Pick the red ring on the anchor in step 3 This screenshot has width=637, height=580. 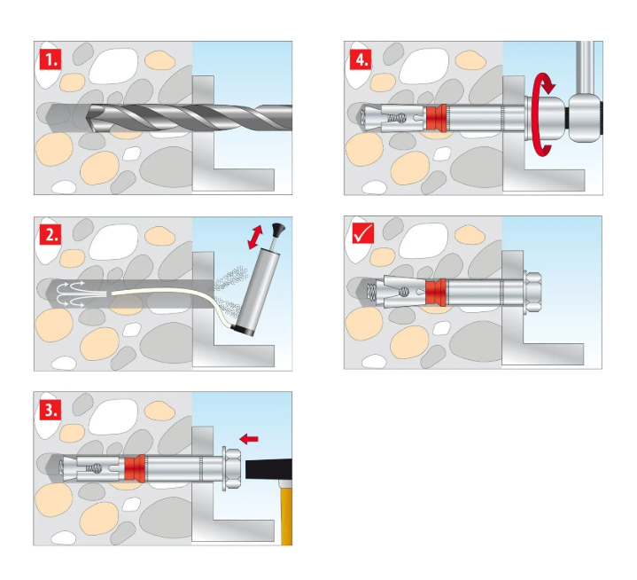(134, 467)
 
